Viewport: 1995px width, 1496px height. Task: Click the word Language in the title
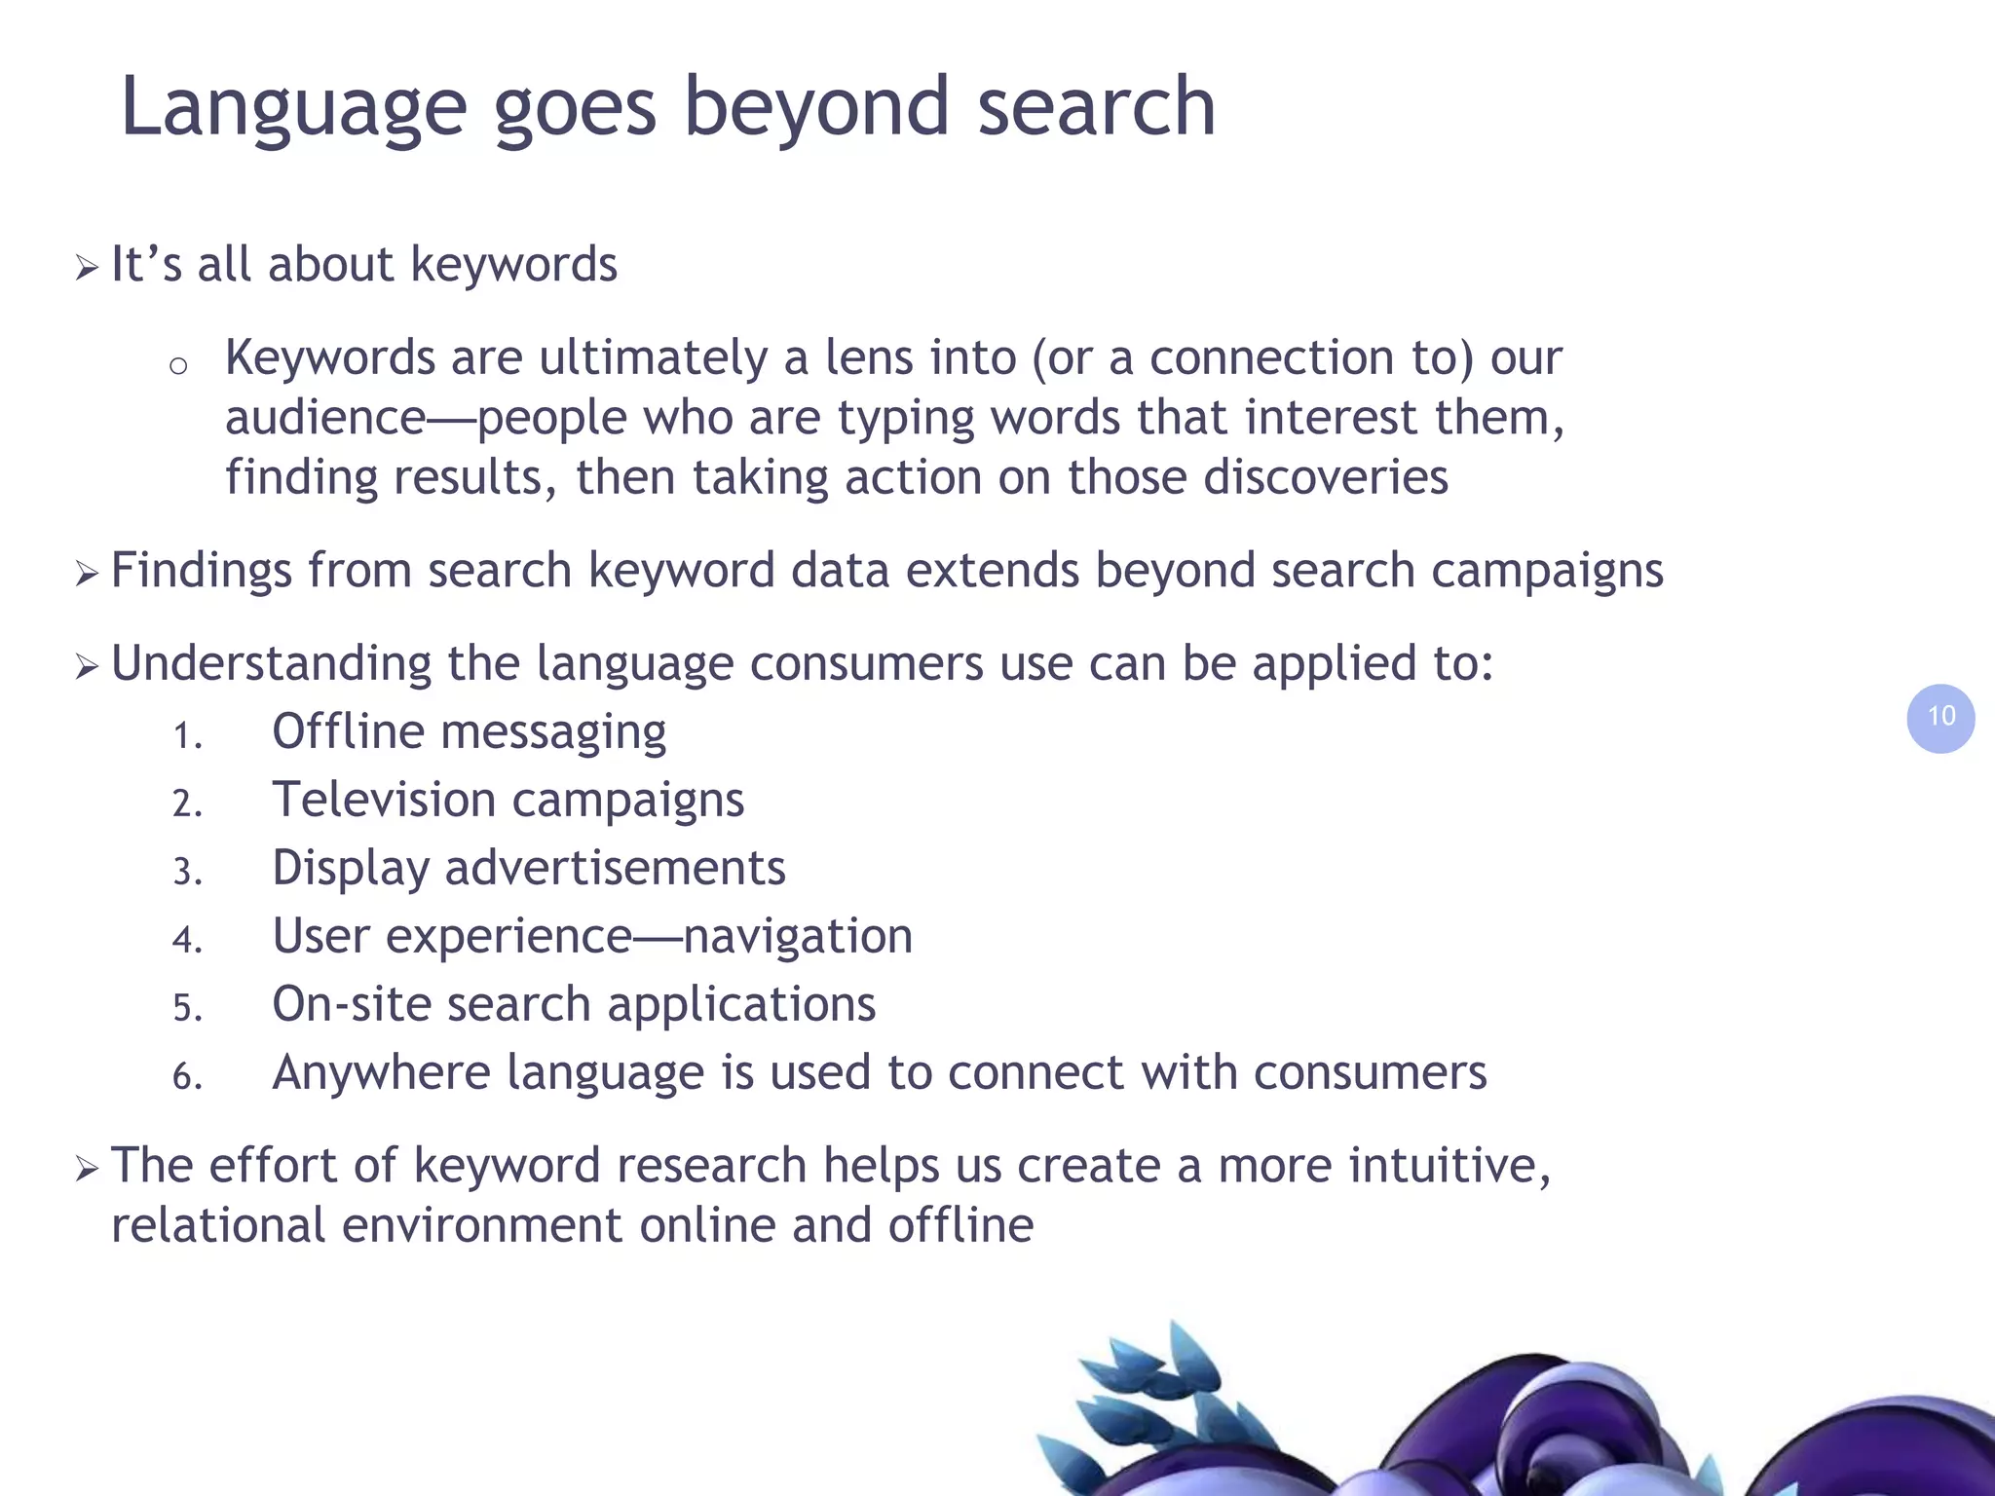(293, 109)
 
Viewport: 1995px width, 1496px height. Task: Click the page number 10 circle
(1940, 718)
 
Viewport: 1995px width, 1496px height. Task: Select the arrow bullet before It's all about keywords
(87, 267)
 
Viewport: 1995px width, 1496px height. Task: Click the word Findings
(201, 572)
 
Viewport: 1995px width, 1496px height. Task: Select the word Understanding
(271, 664)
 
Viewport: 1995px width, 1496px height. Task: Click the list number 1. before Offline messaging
(187, 735)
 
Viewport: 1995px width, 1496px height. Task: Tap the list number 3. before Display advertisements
(187, 871)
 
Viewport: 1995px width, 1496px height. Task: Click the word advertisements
(615, 868)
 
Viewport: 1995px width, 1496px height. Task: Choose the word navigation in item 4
(798, 937)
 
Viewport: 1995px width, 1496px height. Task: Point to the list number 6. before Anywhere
(187, 1076)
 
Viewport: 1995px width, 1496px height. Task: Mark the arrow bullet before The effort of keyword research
(87, 1168)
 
